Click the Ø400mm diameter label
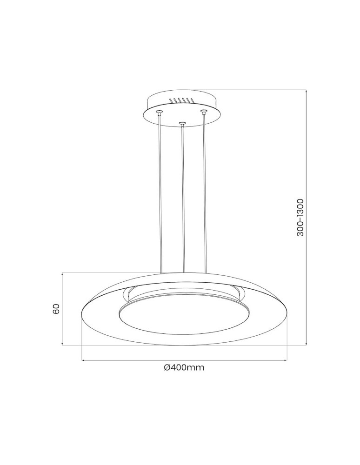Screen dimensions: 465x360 (185, 367)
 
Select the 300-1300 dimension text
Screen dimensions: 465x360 (300, 217)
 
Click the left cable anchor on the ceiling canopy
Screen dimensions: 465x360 (160, 112)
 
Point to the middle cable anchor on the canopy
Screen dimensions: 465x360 (182, 124)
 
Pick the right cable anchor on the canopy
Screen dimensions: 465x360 (203, 111)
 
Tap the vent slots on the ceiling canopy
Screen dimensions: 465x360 (181, 100)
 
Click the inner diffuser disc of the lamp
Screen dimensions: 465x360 (184, 318)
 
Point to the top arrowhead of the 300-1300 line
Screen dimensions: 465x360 (307, 91)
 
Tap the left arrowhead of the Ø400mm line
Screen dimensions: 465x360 (83, 359)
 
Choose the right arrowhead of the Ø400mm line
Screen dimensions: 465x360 (285, 359)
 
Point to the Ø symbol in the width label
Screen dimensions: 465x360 (167, 367)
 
